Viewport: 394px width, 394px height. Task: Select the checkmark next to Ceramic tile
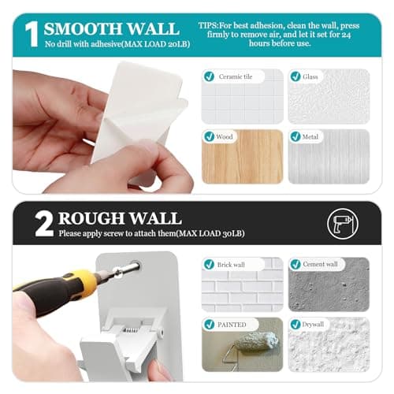coord(209,77)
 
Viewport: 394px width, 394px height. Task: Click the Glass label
coord(313,77)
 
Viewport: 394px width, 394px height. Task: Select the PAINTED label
coord(232,324)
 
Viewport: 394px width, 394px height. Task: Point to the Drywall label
coord(317,324)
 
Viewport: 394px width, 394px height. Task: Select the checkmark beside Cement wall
coord(295,265)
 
